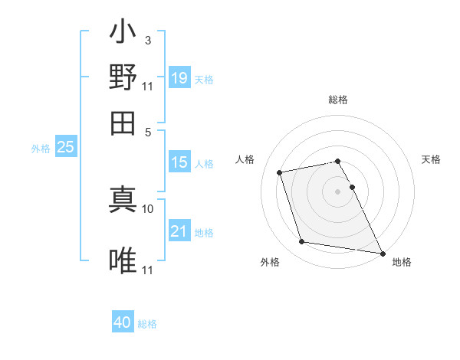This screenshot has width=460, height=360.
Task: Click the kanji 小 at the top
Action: (123, 34)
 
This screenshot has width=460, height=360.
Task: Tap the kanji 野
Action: (123, 77)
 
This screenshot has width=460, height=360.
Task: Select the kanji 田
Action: (123, 121)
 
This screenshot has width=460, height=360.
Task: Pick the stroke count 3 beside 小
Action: (147, 40)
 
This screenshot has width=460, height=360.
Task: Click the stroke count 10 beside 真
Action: (148, 208)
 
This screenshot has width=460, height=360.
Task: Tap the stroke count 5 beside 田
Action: (149, 131)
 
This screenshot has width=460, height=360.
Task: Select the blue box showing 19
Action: (179, 77)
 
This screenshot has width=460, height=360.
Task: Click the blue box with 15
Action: (179, 162)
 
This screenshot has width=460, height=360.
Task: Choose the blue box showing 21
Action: (179, 231)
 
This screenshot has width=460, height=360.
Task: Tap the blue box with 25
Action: (65, 147)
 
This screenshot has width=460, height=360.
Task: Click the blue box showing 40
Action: (123, 322)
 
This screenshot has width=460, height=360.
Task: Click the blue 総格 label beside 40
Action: (147, 324)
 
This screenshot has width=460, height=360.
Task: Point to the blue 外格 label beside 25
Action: (40, 149)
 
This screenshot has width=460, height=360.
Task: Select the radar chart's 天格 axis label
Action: (431, 159)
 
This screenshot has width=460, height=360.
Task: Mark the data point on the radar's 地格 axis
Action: (381, 253)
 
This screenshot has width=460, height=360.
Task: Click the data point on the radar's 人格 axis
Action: (280, 172)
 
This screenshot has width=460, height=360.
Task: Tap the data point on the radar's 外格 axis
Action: (302, 242)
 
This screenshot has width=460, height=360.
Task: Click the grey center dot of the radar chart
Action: (337, 191)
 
